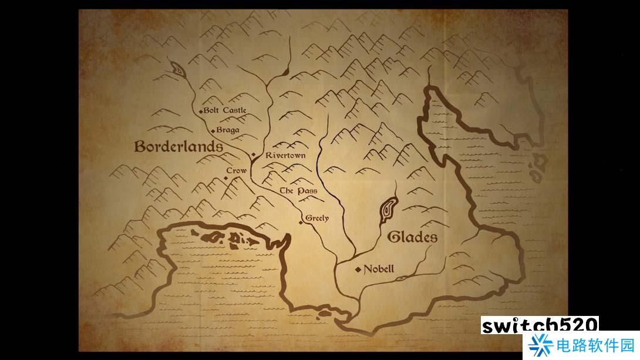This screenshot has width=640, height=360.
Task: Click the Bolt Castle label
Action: coord(225,110)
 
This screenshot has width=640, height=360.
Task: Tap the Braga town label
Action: coord(228,130)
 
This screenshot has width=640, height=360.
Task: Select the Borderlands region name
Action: coord(178,147)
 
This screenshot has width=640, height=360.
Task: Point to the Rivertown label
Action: coord(285,156)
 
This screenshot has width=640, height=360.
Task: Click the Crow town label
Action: coord(237,170)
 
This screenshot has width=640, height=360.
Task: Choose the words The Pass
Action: coord(298,191)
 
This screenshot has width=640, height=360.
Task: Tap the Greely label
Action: coord(317,218)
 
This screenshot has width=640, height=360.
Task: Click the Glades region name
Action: coord(412,237)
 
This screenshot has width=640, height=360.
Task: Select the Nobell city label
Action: coord(379,270)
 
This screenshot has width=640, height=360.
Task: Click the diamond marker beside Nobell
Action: coord(358,270)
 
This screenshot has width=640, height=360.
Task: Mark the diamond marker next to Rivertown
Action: coord(253,155)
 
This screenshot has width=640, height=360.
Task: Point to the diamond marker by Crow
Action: coord(225,177)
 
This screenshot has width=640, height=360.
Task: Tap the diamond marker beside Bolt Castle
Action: coord(201,111)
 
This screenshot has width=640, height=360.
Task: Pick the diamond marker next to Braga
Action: coord(213,130)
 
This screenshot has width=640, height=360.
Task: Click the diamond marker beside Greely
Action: coord(302,222)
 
